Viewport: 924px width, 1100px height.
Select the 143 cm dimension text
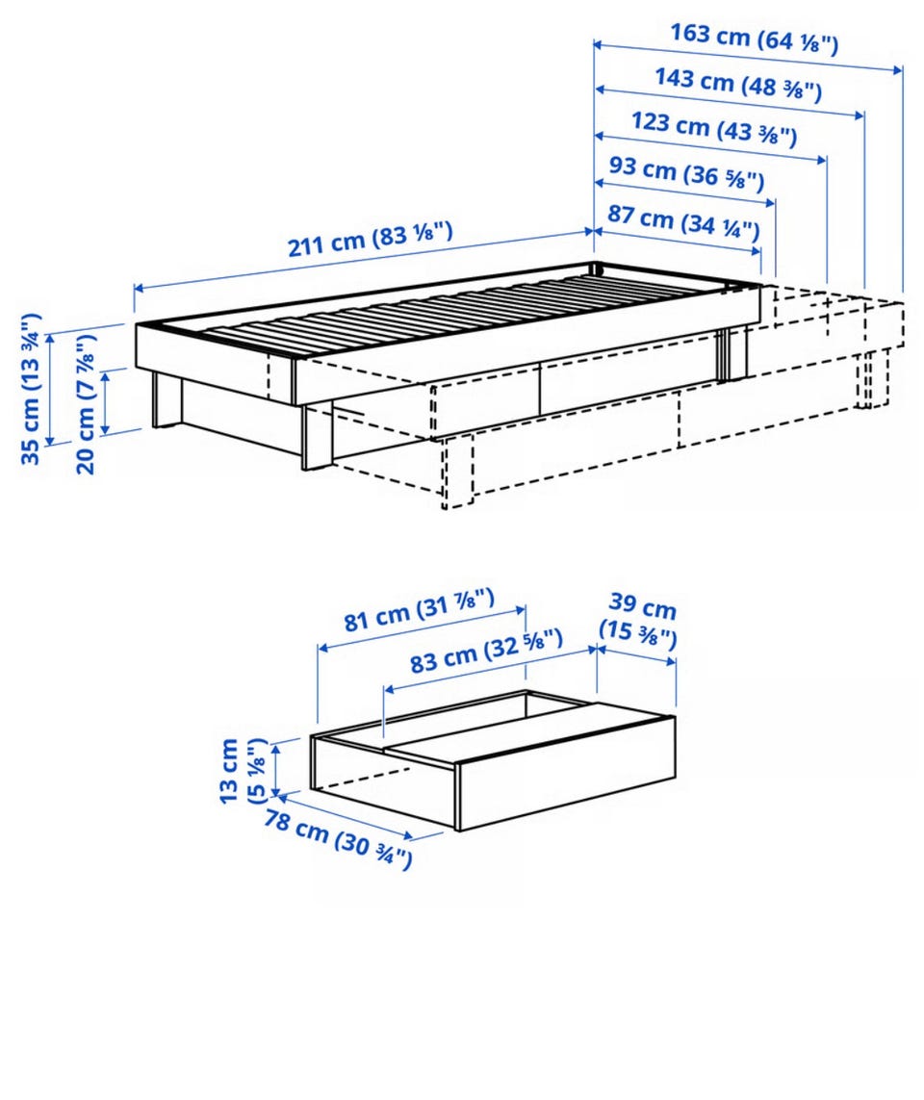738,83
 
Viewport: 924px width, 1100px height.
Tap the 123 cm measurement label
714,128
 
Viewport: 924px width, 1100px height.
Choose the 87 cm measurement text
683,220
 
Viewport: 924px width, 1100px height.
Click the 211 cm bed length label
370,240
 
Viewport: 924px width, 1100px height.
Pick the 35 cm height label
31,389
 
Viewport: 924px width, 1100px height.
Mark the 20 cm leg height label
84,403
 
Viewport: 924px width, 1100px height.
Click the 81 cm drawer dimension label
419,610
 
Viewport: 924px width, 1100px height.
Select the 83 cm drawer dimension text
486,652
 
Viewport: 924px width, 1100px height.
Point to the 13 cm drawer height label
243,771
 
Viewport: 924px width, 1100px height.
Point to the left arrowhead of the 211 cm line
139,287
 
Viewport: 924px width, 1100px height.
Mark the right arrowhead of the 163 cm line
897,68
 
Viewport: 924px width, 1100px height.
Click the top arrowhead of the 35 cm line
49,340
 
